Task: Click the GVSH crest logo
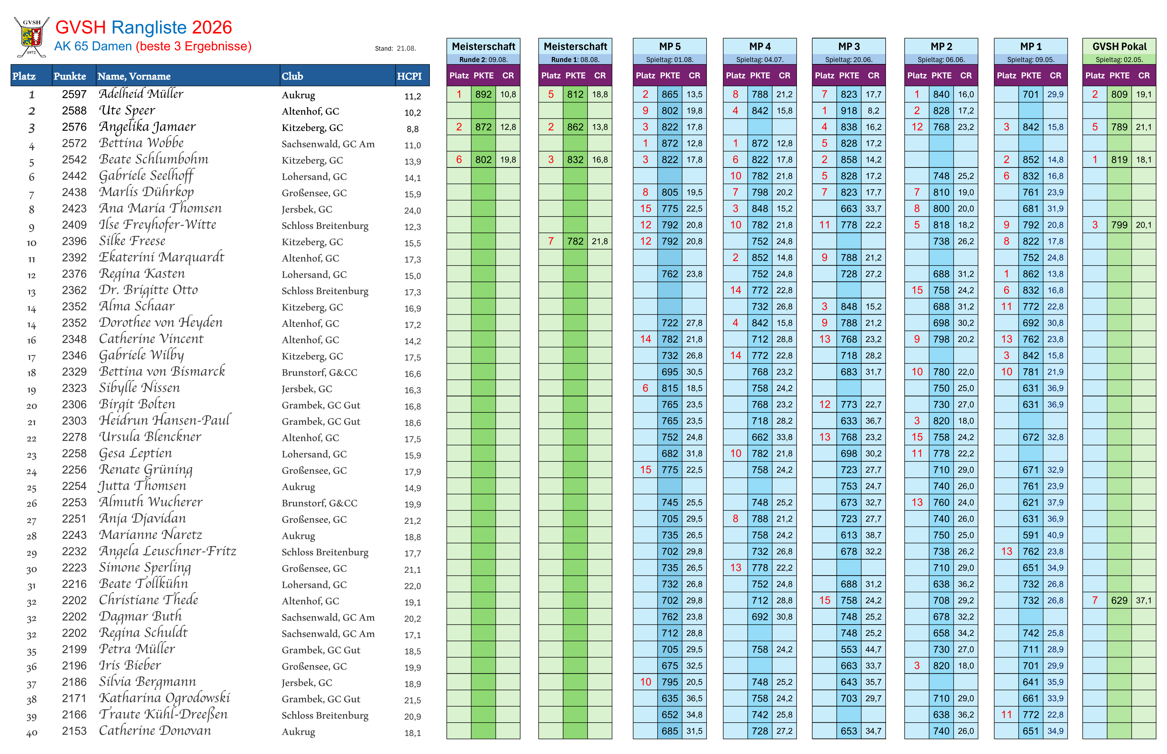pyautogui.click(x=31, y=37)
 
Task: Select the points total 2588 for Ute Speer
pyautogui.click(x=74, y=111)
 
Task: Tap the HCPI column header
pyautogui.click(x=409, y=76)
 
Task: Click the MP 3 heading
pyautogui.click(x=849, y=46)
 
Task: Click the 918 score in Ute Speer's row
pyautogui.click(x=849, y=111)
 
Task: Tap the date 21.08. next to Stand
pyautogui.click(x=406, y=48)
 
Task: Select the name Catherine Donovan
pyautogui.click(x=155, y=731)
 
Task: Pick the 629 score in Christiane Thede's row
pyautogui.click(x=1119, y=600)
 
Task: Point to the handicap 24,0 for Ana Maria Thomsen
pyautogui.click(x=412, y=211)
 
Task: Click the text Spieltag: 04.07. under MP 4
pyautogui.click(x=760, y=60)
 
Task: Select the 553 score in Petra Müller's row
pyautogui.click(x=849, y=649)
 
